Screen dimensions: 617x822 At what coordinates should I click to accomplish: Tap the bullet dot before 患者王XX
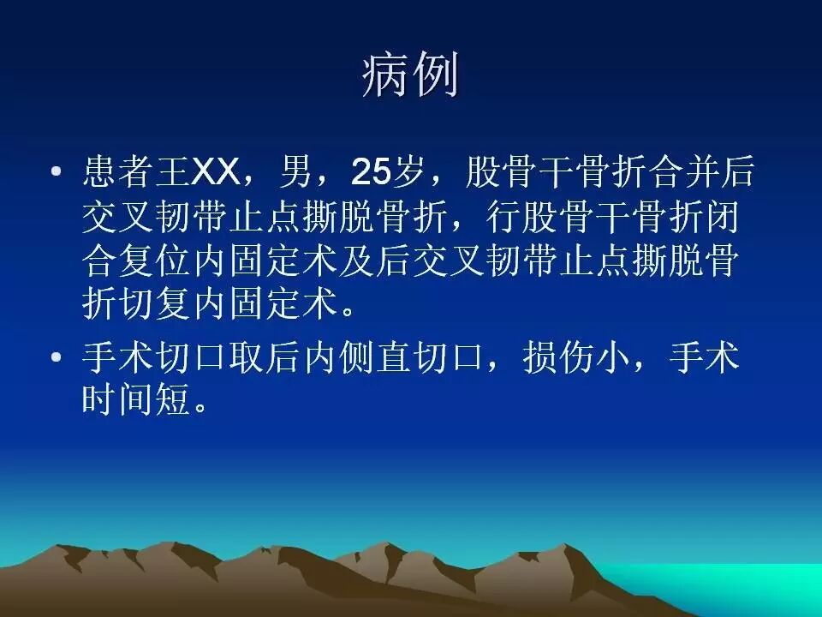pos(56,173)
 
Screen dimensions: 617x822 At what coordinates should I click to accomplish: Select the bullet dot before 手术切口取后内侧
pos(56,357)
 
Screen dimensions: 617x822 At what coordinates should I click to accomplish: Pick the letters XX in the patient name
pos(216,173)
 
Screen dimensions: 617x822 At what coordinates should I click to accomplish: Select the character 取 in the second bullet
pos(247,357)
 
